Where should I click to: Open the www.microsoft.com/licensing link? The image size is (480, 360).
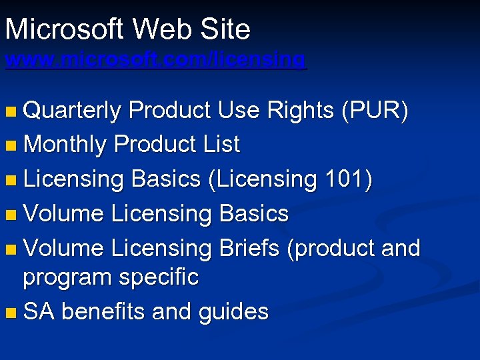click(155, 60)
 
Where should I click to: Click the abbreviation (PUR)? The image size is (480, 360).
click(374, 111)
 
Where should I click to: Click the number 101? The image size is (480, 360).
click(346, 179)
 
